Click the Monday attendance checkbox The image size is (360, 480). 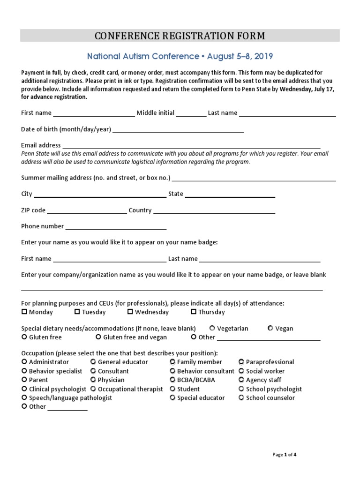click(24, 312)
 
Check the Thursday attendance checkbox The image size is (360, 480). click(194, 312)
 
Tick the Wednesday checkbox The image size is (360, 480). click(130, 312)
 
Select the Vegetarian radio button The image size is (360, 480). click(212, 329)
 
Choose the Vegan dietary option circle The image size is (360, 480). click(270, 329)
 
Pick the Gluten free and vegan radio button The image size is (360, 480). click(98, 337)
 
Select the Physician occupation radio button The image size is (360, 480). click(93, 380)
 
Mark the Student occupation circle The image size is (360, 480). click(172, 389)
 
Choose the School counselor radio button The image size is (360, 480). click(241, 397)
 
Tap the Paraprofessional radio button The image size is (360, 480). click(241, 362)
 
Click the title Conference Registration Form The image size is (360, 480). click(180, 36)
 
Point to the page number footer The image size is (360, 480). click(285, 454)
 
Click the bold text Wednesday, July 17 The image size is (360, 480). click(307, 90)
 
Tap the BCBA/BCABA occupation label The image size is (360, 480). click(196, 380)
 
